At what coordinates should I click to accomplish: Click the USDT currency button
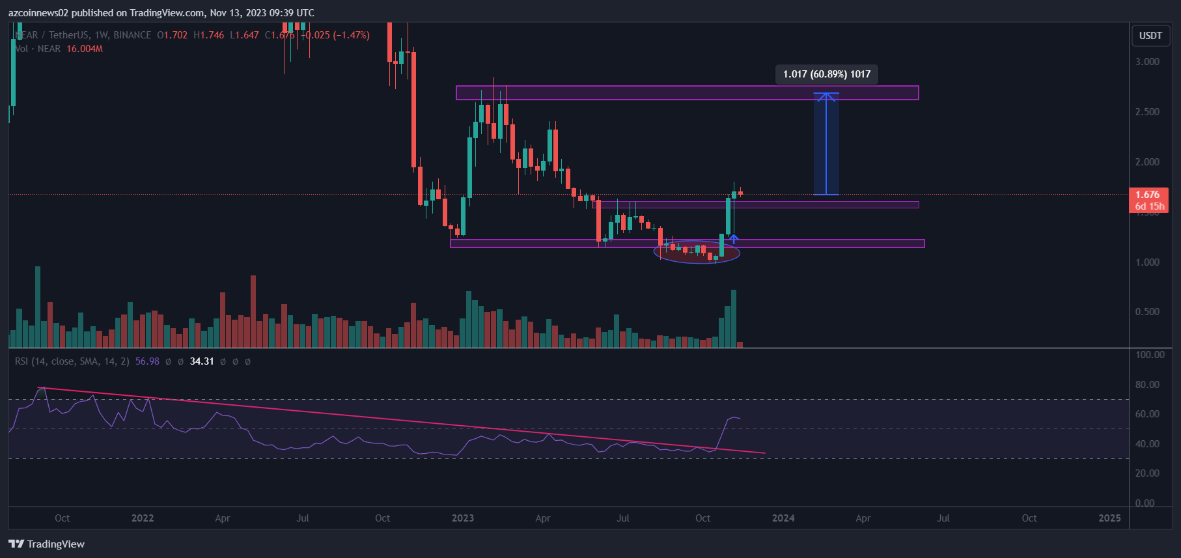click(1150, 36)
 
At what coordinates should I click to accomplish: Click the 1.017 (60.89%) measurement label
click(826, 74)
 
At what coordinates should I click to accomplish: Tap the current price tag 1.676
click(1147, 195)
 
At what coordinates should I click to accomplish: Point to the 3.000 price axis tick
click(1147, 62)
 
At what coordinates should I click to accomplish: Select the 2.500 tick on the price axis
click(1147, 112)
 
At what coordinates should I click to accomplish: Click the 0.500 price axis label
click(1147, 312)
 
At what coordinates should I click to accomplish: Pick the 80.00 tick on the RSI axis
click(1147, 385)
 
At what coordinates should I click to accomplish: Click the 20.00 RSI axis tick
click(1147, 473)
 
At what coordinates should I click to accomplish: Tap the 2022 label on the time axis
click(143, 518)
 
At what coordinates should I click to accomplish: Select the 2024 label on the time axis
click(783, 518)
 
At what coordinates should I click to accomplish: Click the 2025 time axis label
click(1109, 518)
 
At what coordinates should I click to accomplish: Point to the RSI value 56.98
click(147, 361)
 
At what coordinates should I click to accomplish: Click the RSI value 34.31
click(202, 361)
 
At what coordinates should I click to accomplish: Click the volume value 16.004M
click(85, 49)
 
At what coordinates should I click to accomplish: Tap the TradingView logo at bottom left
click(46, 544)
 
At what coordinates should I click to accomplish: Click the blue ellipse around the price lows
click(697, 251)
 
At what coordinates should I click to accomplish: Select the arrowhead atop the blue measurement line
click(826, 97)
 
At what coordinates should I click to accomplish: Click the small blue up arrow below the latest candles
click(734, 239)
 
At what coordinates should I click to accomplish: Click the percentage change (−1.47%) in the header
click(351, 35)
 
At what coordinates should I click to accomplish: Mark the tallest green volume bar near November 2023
click(734, 318)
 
